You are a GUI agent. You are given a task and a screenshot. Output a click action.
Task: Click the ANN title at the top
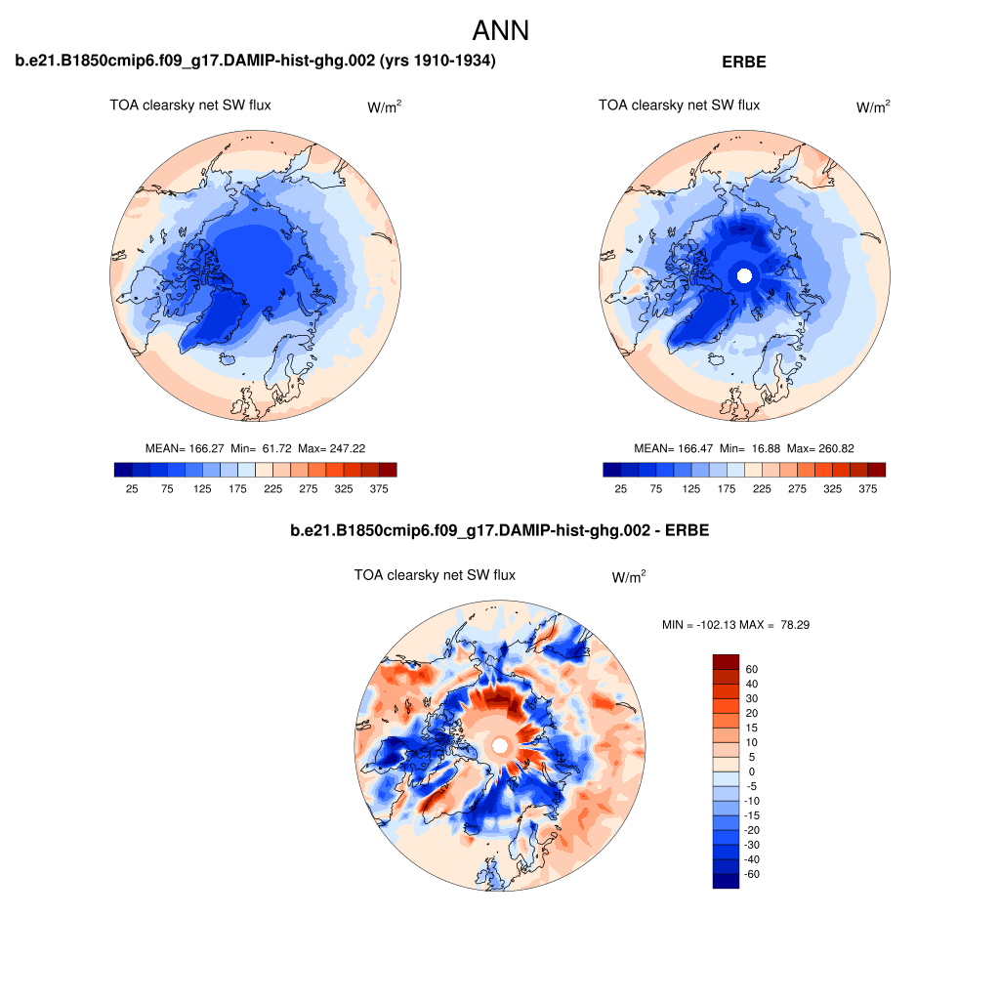(x=500, y=30)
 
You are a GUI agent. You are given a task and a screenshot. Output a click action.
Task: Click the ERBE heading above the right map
(x=744, y=62)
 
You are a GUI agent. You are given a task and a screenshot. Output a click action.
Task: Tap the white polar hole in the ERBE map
(x=744, y=275)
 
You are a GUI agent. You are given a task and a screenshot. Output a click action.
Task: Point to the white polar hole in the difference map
(x=500, y=746)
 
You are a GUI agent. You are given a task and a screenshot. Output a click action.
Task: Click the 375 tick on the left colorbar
(x=376, y=487)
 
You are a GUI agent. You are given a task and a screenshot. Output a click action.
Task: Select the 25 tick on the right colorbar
(x=620, y=487)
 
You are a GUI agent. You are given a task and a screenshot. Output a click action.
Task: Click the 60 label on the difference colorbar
(x=751, y=670)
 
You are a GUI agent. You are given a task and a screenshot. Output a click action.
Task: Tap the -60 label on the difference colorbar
(x=751, y=874)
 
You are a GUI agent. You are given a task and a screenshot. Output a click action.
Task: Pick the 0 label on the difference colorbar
(x=751, y=771)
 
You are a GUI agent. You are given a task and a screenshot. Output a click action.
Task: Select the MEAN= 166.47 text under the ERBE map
(x=673, y=448)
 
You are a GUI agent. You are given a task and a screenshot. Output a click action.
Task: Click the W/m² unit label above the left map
(x=384, y=106)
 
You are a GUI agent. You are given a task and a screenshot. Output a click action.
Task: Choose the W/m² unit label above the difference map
(x=628, y=577)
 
